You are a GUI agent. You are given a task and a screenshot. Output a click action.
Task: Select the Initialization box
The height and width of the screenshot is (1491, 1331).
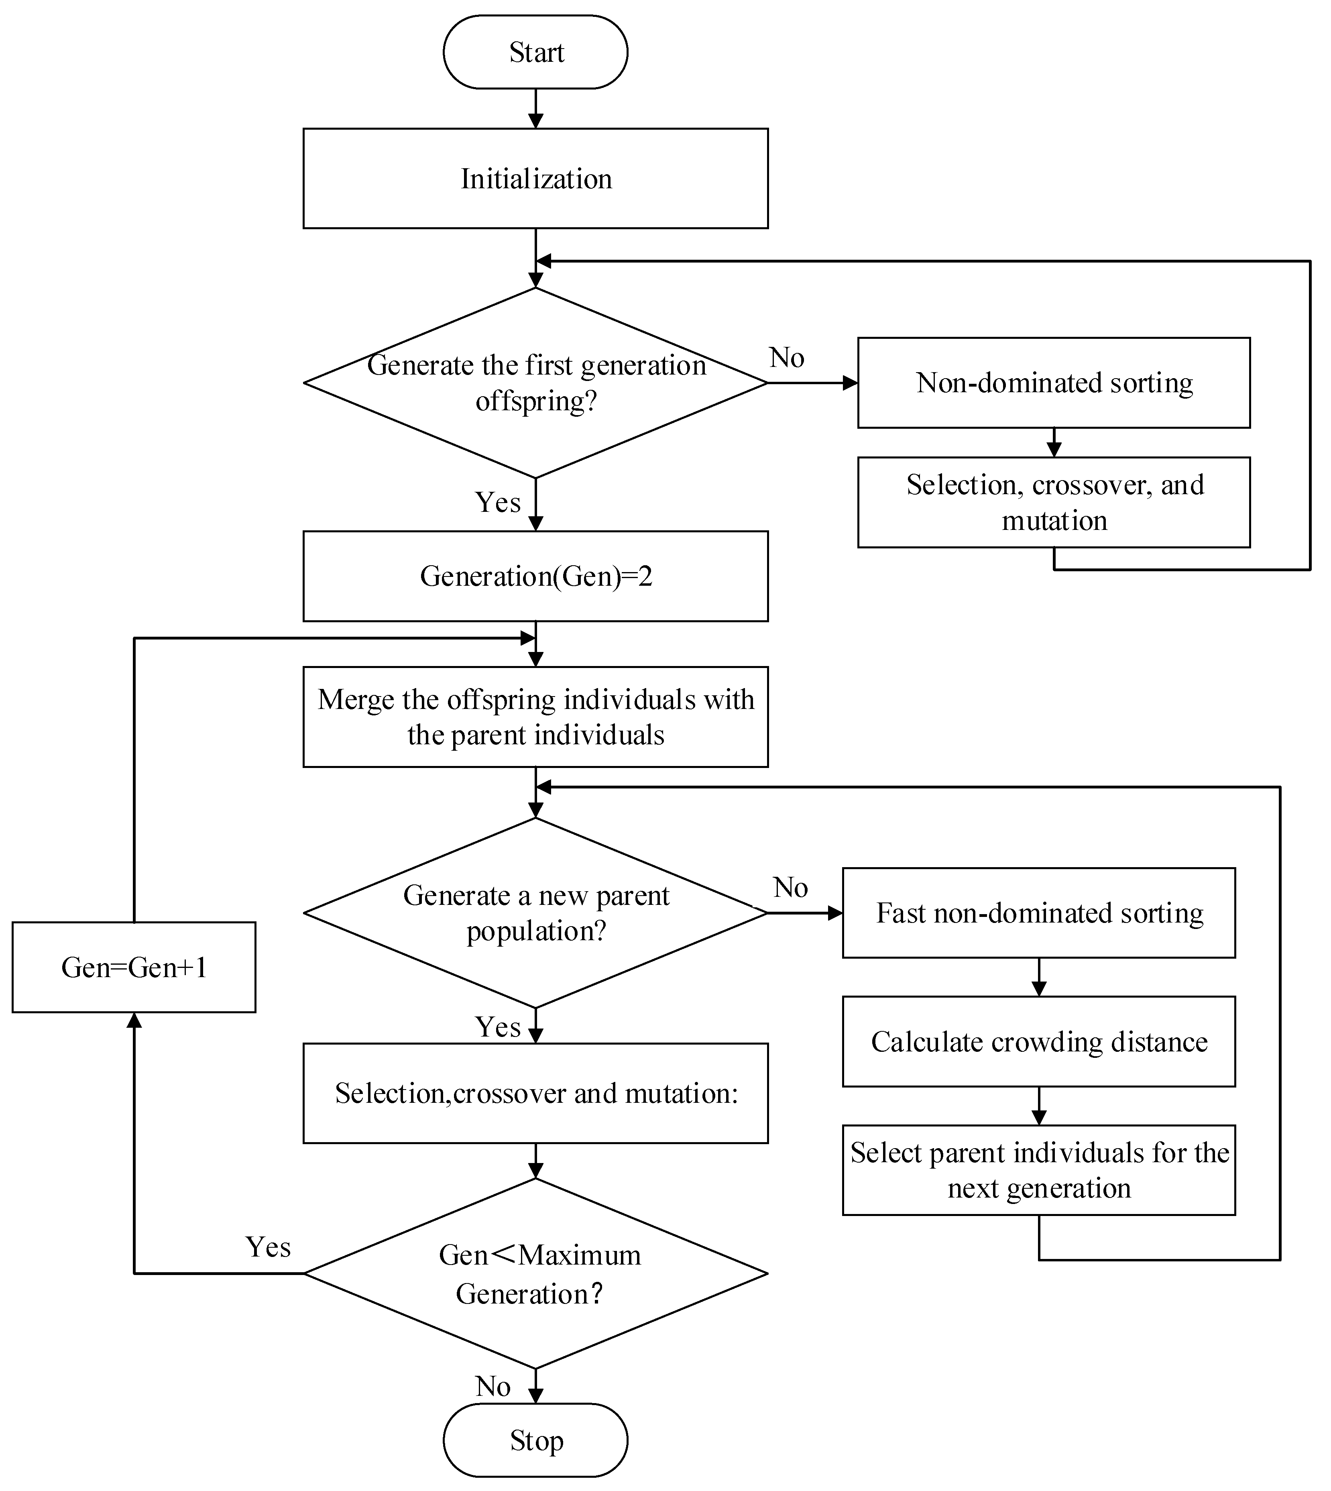[535, 178]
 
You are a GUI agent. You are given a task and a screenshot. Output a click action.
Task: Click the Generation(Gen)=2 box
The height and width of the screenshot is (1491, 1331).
[535, 576]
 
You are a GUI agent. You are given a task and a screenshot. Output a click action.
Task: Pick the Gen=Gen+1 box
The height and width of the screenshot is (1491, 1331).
[134, 968]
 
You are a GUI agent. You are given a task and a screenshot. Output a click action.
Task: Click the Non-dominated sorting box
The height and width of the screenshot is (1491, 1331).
[1054, 383]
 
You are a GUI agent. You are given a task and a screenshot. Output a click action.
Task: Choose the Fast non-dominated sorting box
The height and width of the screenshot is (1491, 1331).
[1038, 913]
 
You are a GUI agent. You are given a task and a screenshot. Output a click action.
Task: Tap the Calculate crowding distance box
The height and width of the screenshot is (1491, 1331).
[1038, 1041]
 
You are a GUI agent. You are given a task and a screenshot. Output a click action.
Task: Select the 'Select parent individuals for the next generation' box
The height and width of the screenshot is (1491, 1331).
[1038, 1170]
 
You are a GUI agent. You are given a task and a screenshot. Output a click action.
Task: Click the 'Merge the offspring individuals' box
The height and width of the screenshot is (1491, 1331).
[535, 717]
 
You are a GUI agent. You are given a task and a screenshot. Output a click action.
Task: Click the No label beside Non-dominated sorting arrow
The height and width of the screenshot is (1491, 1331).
[787, 358]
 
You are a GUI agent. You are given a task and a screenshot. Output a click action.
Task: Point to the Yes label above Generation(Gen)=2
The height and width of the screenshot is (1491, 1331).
[498, 502]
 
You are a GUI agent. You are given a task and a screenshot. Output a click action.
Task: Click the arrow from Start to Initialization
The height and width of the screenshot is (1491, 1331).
[535, 108]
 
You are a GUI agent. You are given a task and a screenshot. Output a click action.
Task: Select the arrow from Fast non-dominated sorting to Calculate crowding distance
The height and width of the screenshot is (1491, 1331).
[1038, 977]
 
